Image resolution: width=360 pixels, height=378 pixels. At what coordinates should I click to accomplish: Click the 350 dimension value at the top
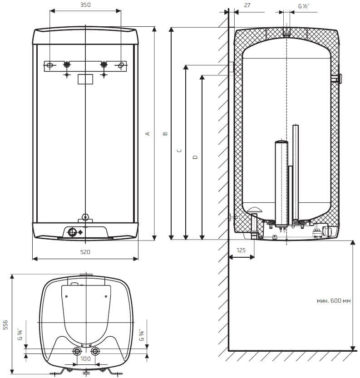click(x=85, y=5)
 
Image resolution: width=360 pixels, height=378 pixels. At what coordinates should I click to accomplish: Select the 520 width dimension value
click(x=85, y=252)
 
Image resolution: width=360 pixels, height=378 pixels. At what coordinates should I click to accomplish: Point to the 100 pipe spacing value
click(x=86, y=359)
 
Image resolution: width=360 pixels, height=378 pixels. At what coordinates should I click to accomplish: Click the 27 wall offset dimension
click(x=247, y=5)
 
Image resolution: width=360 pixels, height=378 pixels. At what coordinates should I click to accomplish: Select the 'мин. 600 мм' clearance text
click(x=335, y=301)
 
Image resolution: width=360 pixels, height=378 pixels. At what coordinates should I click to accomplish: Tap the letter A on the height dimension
click(x=147, y=133)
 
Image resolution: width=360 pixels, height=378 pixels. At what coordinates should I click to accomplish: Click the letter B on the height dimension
click(x=165, y=133)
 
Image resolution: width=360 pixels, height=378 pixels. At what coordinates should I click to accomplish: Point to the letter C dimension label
click(x=179, y=151)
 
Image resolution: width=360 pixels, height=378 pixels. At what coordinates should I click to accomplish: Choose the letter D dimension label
click(x=195, y=157)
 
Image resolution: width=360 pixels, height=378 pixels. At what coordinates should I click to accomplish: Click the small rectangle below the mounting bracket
click(x=85, y=79)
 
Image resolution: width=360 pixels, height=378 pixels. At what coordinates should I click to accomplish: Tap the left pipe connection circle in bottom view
click(x=77, y=352)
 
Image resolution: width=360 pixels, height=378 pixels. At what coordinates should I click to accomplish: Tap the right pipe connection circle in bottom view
click(x=95, y=352)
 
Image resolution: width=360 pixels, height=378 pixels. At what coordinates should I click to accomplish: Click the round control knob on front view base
click(x=73, y=232)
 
